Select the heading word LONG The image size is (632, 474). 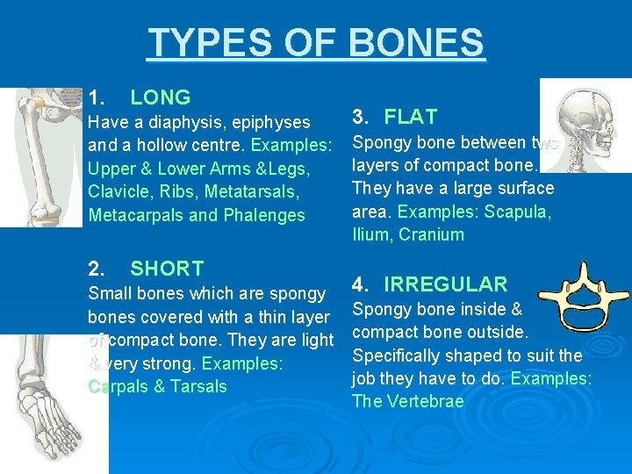[x=160, y=97]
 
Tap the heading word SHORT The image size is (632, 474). [x=167, y=269]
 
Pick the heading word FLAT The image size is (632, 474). [x=411, y=117]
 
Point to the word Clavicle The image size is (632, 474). [x=118, y=192]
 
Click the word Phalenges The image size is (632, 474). [x=263, y=215]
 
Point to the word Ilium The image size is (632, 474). [x=370, y=234]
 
